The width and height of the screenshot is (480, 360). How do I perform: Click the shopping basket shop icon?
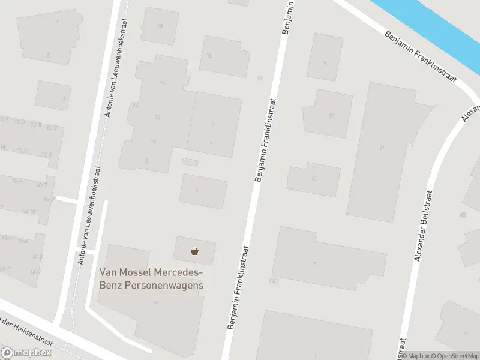click(x=194, y=251)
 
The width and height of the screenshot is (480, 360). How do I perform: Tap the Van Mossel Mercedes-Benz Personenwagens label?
click(x=151, y=279)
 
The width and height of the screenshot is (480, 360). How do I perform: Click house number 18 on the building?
click(x=160, y=26)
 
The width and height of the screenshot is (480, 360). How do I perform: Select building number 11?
click(x=382, y=147)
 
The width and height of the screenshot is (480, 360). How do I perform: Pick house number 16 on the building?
click(x=163, y=83)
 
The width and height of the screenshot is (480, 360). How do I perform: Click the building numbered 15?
click(x=209, y=55)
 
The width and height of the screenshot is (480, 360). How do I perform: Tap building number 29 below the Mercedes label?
click(x=155, y=303)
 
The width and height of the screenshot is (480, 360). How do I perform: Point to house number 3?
click(x=63, y=98)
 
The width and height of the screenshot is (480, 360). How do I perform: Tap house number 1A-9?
click(x=36, y=272)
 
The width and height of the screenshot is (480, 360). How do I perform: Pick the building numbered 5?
click(x=197, y=190)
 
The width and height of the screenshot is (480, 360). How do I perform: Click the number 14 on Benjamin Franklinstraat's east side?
click(x=325, y=63)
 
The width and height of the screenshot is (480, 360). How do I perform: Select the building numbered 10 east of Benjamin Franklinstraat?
click(x=314, y=178)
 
